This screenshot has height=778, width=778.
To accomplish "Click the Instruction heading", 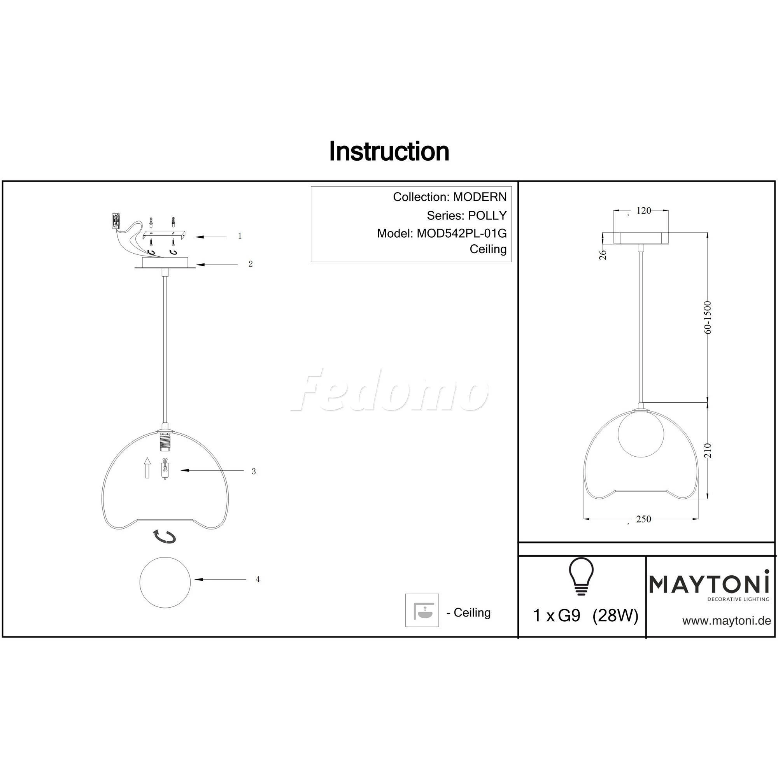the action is coord(389,151).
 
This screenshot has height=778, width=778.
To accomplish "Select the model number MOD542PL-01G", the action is coord(461,233).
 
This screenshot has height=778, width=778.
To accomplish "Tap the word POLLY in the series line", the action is coord(487,216).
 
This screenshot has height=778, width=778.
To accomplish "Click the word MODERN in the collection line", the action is coord(480,197).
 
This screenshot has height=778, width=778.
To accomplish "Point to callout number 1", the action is coord(240,236).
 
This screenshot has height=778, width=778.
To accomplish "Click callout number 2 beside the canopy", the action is coord(251,264).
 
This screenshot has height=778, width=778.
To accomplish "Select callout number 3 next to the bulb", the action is coord(254,471).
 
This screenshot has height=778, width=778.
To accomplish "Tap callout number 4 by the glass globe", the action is coord(258,580).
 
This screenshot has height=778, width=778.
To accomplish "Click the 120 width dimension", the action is coord(643,210).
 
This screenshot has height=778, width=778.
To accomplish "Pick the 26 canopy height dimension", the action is coord(603,255).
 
